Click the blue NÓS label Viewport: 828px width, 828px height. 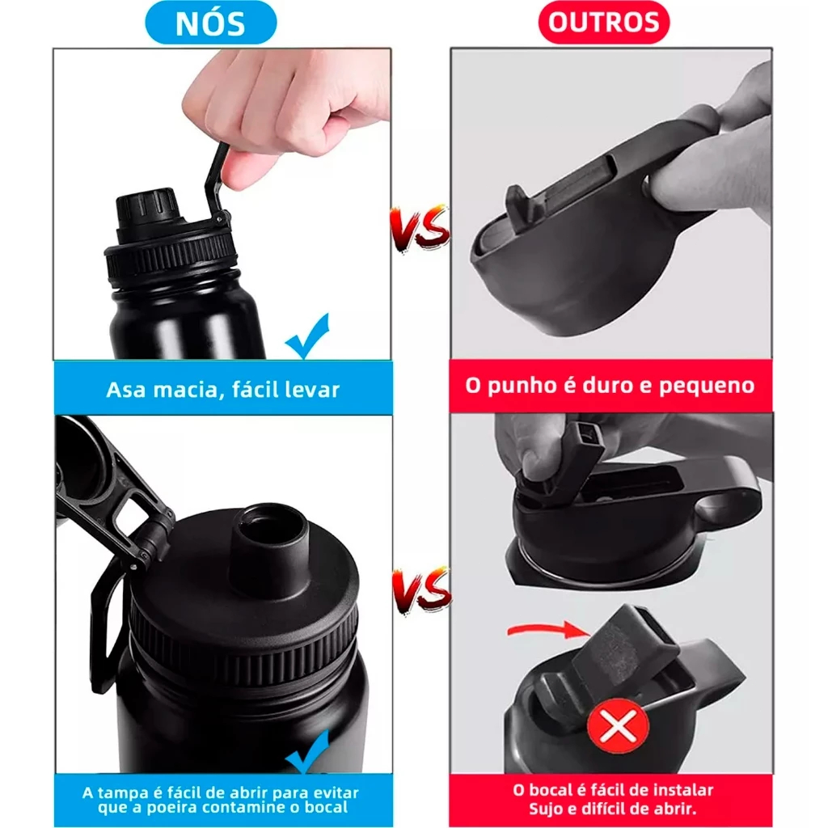tap(211, 23)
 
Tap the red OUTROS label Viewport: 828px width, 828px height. tap(604, 22)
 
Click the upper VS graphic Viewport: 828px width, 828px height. tap(420, 229)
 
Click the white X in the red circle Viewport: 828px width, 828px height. tap(619, 728)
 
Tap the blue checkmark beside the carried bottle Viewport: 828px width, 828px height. tap(307, 336)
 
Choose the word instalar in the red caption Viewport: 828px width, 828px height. tap(683, 791)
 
